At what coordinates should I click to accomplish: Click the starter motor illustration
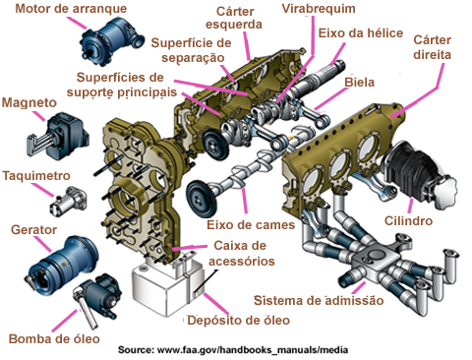[111, 41]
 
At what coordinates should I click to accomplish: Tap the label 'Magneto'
[29, 103]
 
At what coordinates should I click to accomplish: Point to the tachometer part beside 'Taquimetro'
[68, 202]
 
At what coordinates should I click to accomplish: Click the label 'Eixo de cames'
[251, 225]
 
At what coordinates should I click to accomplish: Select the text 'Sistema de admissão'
[319, 301]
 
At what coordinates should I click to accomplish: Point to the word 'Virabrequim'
[319, 9]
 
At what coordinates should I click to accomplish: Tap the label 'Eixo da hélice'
[361, 33]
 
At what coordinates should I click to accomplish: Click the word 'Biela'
[359, 83]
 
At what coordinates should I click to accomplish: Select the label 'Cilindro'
[408, 220]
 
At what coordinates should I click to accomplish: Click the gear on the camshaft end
[202, 200]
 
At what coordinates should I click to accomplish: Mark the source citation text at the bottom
[233, 350]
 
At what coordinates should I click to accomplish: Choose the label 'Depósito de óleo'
[238, 321]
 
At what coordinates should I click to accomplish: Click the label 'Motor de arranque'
[71, 9]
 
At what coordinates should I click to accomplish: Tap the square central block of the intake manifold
[374, 259]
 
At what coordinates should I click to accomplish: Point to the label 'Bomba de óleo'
[54, 338]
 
